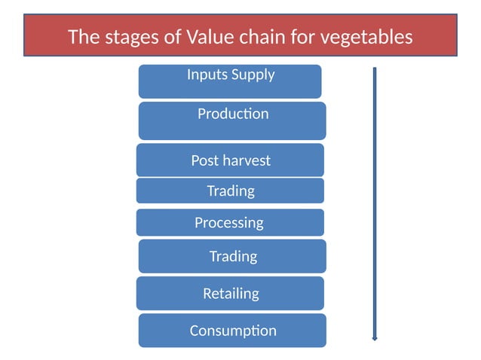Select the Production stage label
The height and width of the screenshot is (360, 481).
pyautogui.click(x=232, y=114)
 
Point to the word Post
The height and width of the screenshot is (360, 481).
pyautogui.click(x=205, y=160)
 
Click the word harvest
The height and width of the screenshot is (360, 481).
pyautogui.click(x=247, y=160)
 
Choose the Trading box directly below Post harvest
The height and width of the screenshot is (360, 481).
pyautogui.click(x=231, y=191)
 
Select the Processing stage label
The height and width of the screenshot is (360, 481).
pyautogui.click(x=229, y=223)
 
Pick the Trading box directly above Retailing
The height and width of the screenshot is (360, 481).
pyautogui.click(x=233, y=256)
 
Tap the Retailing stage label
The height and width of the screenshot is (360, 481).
pyautogui.click(x=231, y=293)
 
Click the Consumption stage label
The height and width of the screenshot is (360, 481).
pyautogui.click(x=233, y=331)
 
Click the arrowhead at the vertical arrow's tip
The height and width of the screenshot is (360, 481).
pyautogui.click(x=375, y=340)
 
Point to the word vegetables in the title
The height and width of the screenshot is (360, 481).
pyautogui.click(x=362, y=36)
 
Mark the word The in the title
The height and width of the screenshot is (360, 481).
pyautogui.click(x=81, y=36)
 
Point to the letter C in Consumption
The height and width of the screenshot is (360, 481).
pyautogui.click(x=195, y=331)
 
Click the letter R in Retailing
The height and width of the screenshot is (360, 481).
pyautogui.click(x=207, y=293)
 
